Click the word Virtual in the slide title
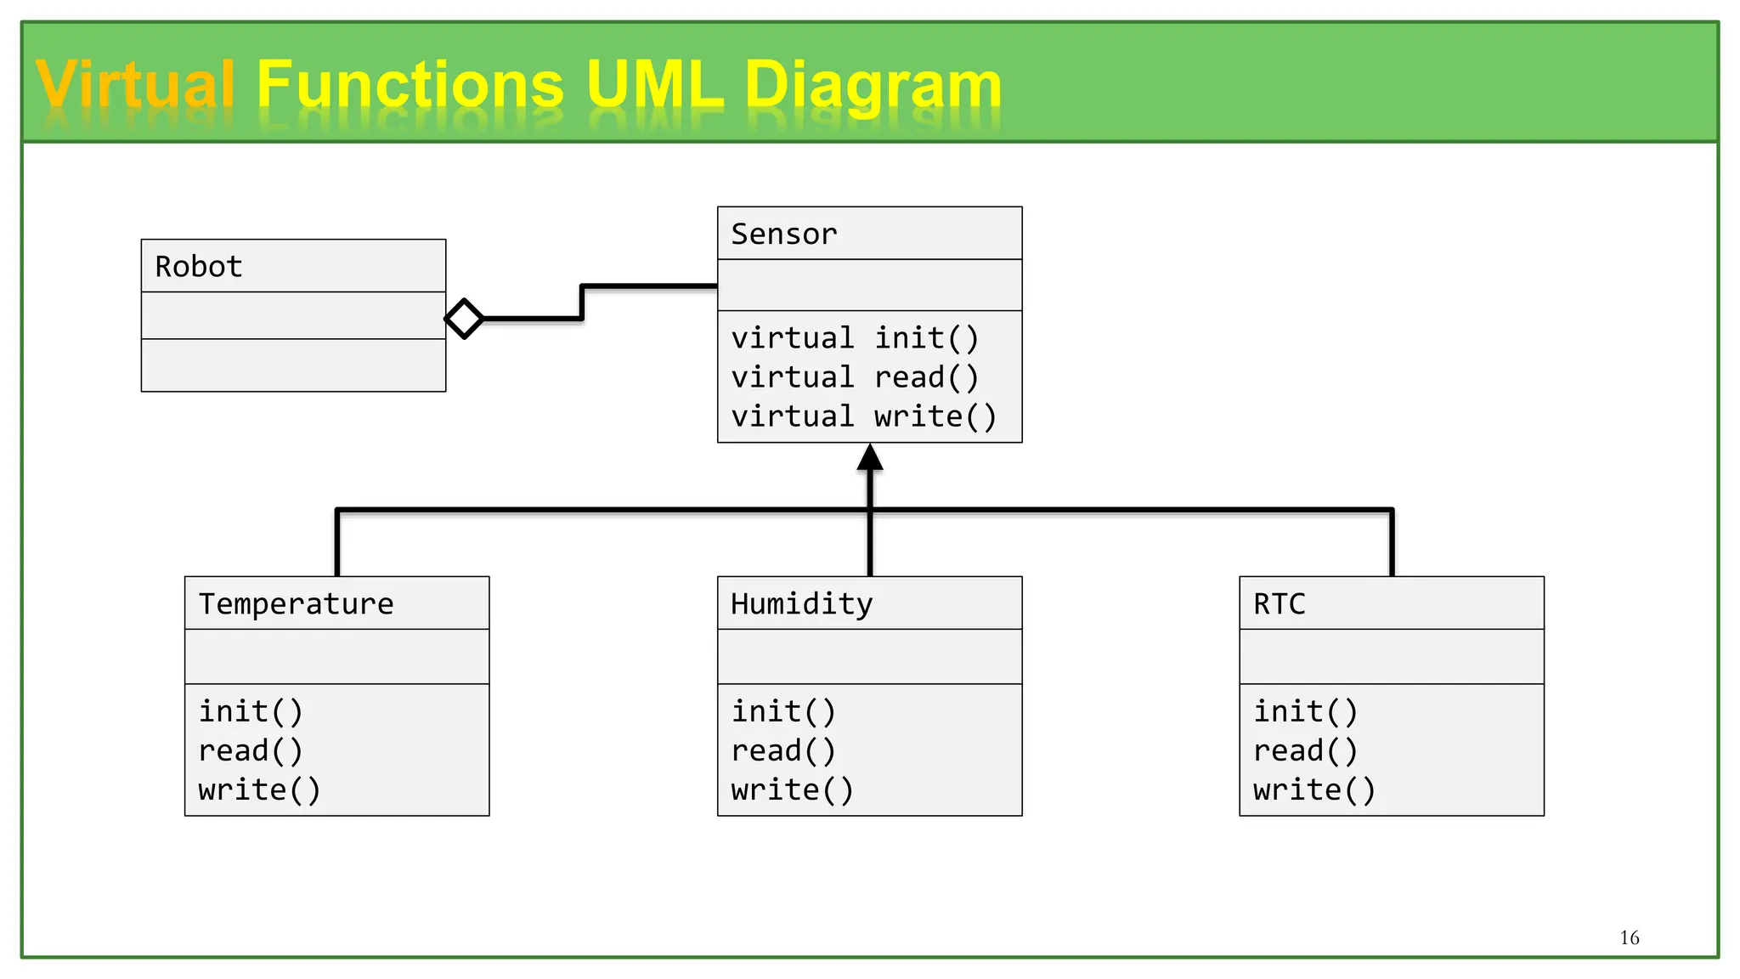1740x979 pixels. tap(135, 85)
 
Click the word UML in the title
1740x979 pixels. tap(654, 85)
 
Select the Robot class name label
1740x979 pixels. tap(199, 267)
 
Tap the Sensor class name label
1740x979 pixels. tap(784, 234)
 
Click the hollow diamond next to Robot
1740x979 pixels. tap(464, 319)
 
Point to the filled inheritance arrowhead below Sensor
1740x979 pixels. tap(870, 458)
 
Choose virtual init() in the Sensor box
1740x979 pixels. tap(855, 338)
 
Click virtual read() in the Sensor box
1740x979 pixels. tap(855, 377)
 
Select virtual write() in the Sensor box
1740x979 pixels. tap(863, 416)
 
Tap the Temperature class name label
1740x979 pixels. tap(296, 604)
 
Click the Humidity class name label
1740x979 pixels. tap(801, 604)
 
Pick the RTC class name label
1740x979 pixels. tap(1279, 604)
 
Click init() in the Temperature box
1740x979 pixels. tap(251, 711)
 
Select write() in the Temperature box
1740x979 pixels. tap(259, 790)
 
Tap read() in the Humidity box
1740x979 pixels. tap(783, 751)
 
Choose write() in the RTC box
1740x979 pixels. tap(1313, 790)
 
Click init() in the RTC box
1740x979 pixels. tap(1305, 711)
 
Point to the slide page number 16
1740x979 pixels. tap(1629, 937)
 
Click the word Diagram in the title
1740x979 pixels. tap(873, 85)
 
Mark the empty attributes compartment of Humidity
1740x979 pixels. tap(869, 656)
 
